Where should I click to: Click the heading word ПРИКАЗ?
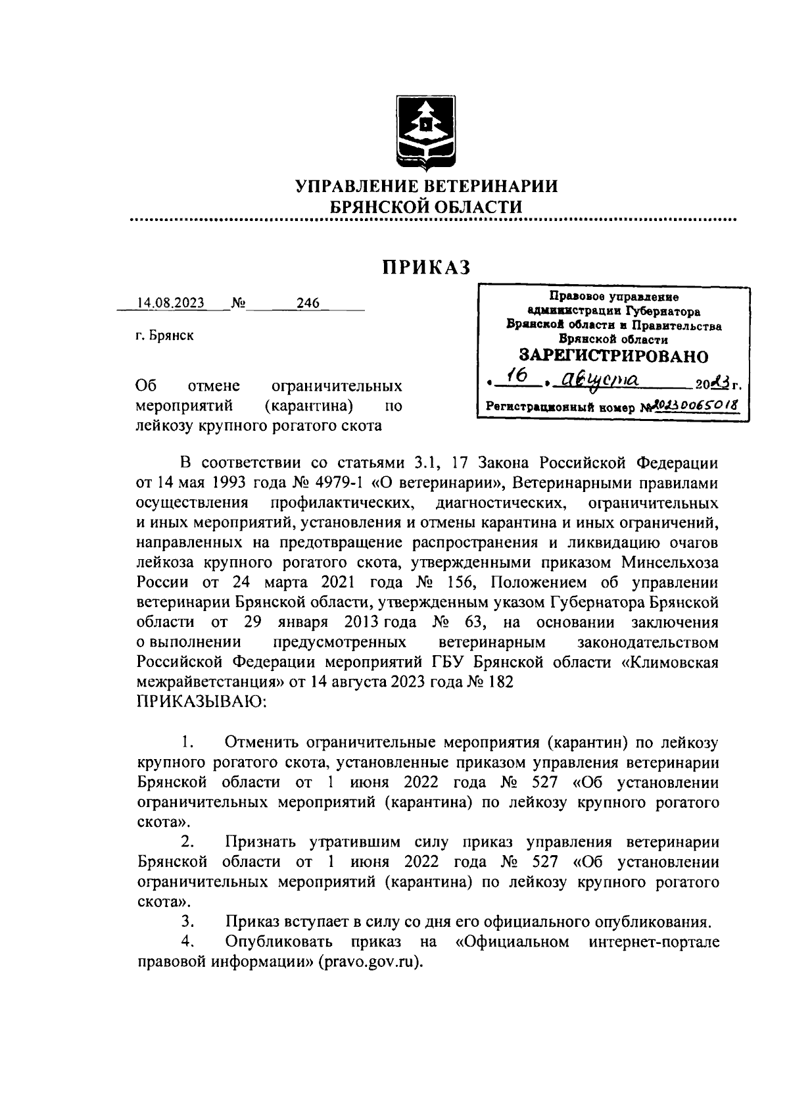tap(427, 268)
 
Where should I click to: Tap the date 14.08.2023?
tap(170, 303)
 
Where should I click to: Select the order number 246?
tap(307, 303)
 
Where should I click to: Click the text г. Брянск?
tap(164, 336)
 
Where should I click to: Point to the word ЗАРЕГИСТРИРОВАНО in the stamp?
tap(614, 356)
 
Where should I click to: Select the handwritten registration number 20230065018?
tap(693, 405)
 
